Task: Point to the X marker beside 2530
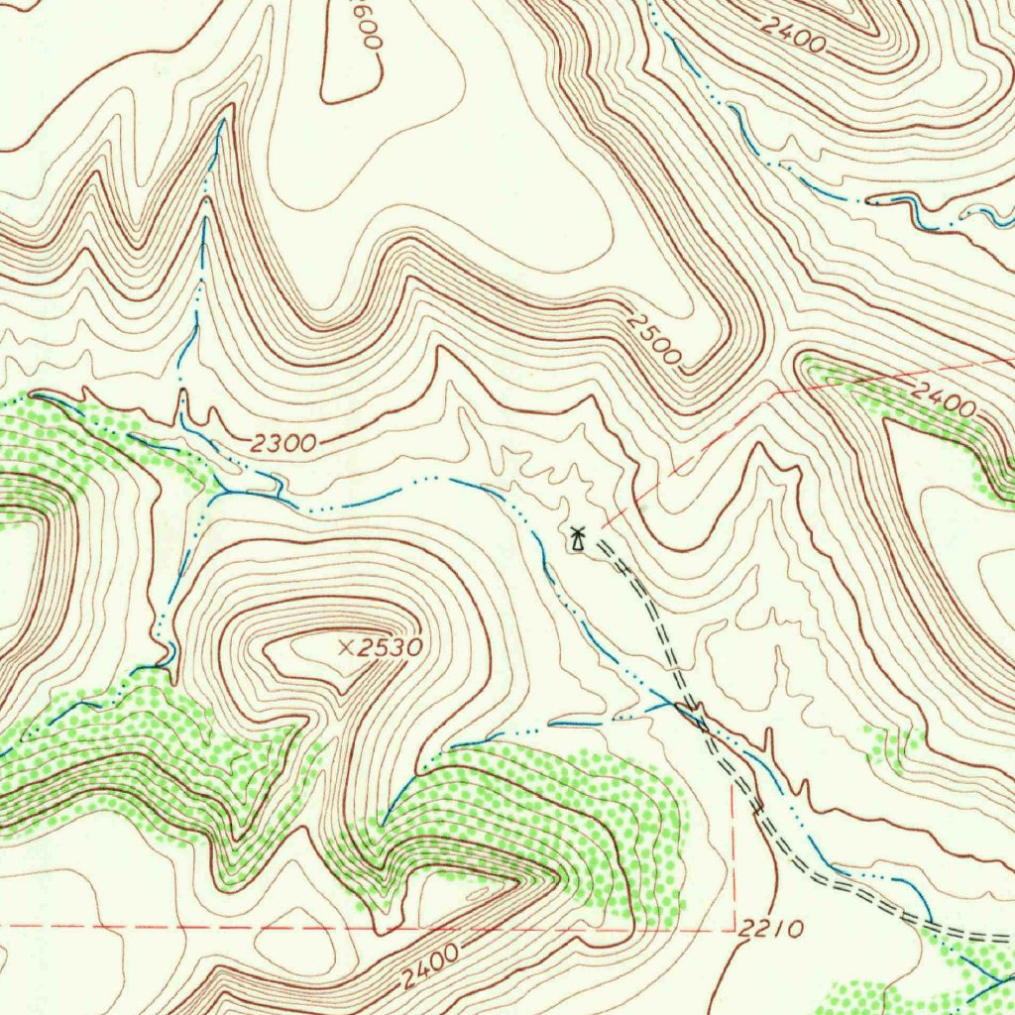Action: [345, 647]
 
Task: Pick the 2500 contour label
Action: [655, 341]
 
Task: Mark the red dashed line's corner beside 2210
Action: [733, 930]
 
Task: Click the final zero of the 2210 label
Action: [793, 930]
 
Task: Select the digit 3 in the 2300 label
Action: [275, 444]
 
